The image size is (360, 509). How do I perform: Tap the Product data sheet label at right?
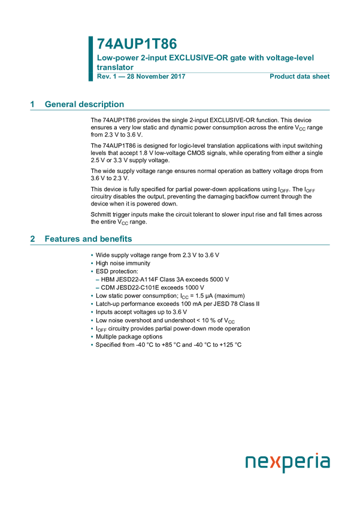(300, 77)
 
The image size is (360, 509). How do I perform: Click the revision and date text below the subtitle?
(141, 77)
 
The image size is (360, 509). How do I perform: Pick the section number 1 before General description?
(31, 104)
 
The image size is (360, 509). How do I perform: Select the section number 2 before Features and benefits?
(31, 238)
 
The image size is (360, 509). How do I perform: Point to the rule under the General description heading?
(180, 110)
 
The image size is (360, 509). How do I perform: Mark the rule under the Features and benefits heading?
(180, 244)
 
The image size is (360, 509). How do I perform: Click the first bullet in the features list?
(91, 255)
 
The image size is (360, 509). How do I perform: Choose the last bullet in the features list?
(91, 344)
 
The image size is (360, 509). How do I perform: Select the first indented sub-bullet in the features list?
(96, 280)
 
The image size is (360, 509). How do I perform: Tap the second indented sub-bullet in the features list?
(96, 288)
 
